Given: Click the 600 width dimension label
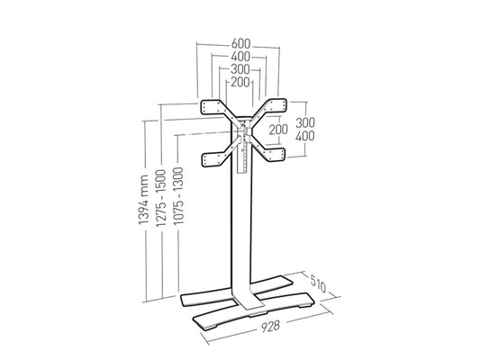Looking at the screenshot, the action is (240, 44).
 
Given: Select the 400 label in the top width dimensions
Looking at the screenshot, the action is (240, 57).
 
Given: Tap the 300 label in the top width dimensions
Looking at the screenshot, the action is (240, 69).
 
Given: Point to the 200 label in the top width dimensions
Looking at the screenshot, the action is (240, 82).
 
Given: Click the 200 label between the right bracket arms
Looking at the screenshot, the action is (278, 130).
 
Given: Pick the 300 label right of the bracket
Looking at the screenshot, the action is (305, 122).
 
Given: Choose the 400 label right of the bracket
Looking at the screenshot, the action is (305, 136).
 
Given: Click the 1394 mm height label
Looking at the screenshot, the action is (143, 200).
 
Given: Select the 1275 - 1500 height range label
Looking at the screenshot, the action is (160, 198).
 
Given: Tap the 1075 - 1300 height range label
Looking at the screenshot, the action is (178, 196).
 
